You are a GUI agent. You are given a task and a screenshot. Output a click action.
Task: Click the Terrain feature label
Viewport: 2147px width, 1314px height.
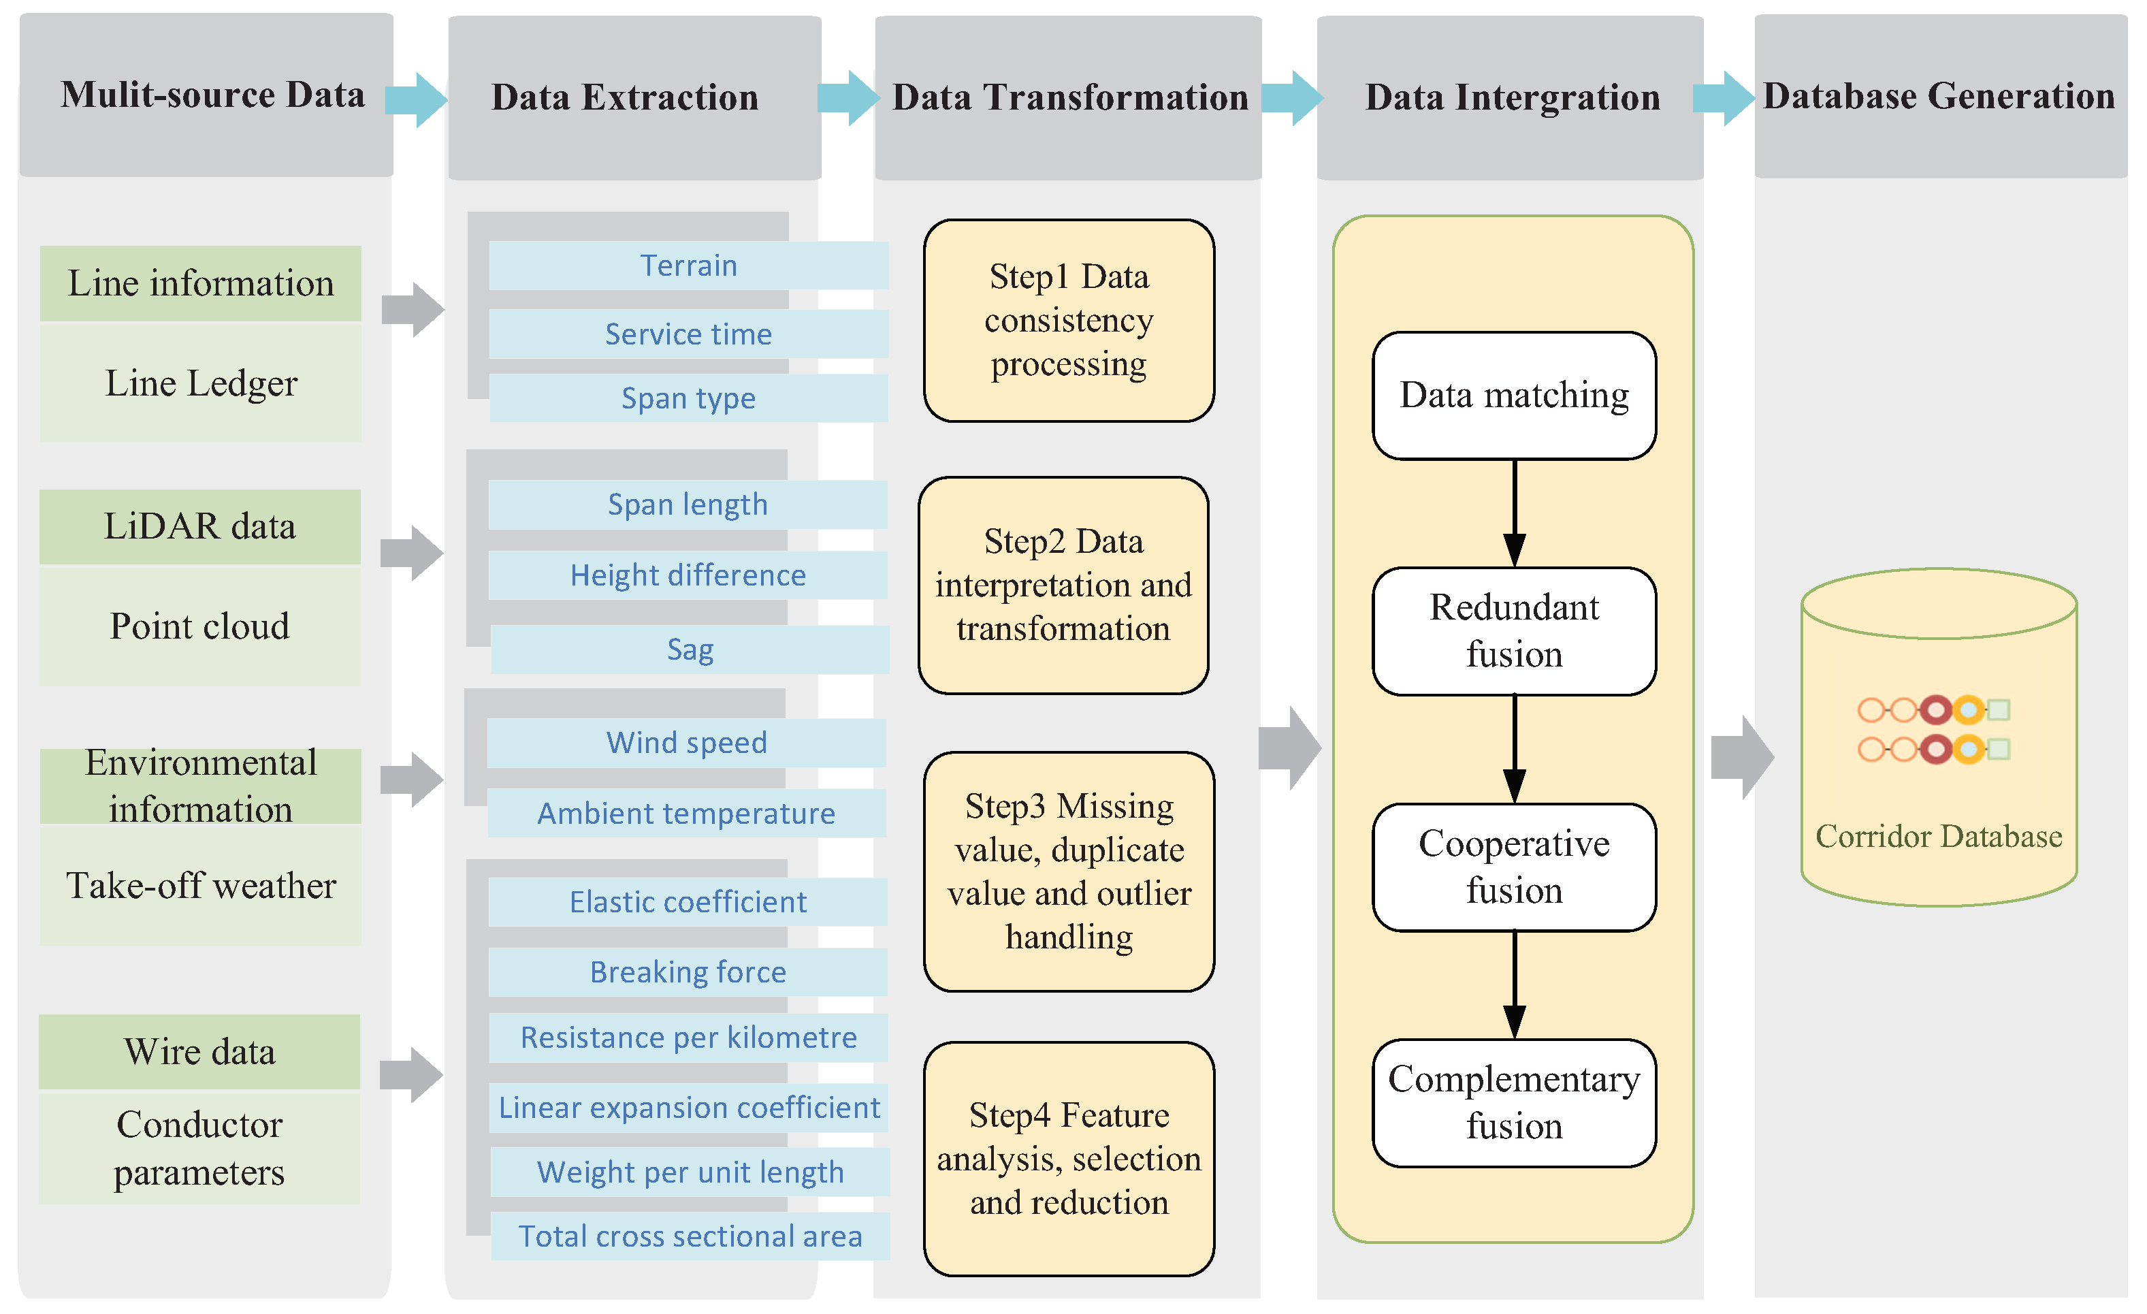(688, 265)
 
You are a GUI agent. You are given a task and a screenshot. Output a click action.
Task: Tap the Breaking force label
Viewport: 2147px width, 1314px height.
(688, 972)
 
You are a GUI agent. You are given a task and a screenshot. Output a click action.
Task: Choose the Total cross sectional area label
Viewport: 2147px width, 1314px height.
(690, 1236)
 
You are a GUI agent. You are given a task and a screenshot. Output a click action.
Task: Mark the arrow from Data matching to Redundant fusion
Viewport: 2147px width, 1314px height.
(1515, 513)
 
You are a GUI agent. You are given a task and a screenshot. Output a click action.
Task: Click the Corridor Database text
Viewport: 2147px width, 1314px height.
(1938, 837)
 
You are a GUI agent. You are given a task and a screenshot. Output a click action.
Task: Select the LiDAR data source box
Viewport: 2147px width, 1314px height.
(199, 526)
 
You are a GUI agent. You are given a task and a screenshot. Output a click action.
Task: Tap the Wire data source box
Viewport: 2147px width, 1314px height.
(199, 1052)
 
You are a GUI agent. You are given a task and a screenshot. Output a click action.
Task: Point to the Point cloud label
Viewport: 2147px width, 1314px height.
(199, 626)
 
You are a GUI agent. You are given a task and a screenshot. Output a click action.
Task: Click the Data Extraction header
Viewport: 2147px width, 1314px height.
(625, 97)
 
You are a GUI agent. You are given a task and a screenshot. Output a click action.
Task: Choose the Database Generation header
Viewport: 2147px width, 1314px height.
(1939, 96)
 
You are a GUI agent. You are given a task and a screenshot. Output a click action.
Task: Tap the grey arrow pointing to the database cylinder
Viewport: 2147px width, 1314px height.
(1742, 757)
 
